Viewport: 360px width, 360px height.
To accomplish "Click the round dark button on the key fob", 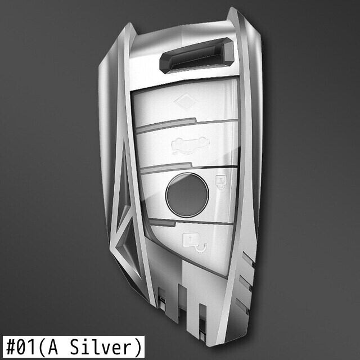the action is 187,195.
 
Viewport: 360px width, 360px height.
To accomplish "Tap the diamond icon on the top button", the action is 186,101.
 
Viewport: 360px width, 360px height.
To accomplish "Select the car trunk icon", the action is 190,145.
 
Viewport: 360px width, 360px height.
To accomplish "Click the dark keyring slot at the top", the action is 197,55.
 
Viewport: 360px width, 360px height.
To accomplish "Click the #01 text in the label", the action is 21,347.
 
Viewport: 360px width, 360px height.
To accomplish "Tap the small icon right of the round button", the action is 221,182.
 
